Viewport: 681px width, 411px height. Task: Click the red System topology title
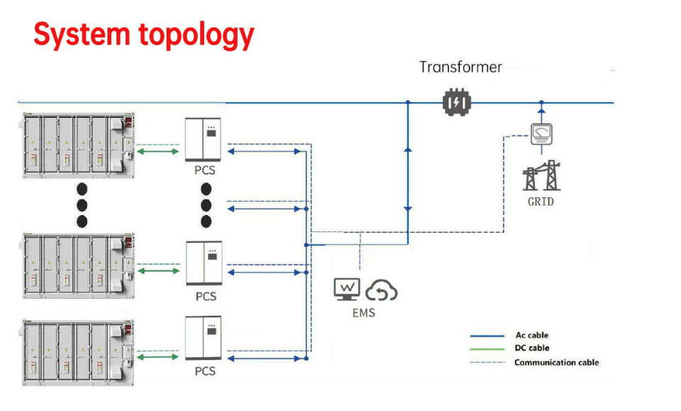pos(143,33)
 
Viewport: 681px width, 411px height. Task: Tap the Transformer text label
pos(460,67)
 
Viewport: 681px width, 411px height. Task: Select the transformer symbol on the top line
pos(456,103)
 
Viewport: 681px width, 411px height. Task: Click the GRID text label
pos(541,202)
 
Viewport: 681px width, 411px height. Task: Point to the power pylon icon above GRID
pos(541,176)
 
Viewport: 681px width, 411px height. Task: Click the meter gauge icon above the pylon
pos(541,132)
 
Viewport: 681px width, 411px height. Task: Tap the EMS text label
pos(364,312)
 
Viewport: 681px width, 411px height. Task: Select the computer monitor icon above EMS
pos(348,288)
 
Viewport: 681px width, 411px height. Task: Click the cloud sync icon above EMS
pos(382,289)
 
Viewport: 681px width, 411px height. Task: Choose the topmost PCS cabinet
pos(203,139)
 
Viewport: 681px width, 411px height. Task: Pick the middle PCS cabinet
pos(204,263)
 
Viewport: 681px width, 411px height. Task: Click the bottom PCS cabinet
pos(204,338)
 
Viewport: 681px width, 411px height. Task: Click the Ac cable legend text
pos(531,335)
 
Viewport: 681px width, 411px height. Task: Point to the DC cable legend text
pos(531,349)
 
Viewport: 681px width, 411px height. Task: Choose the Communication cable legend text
pos(556,363)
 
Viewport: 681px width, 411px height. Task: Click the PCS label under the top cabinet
pos(204,170)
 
